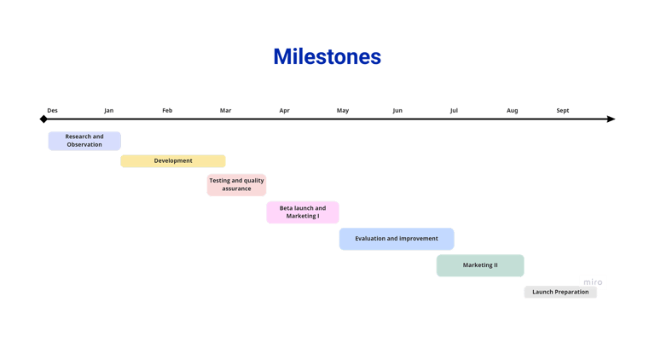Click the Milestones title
[327, 57]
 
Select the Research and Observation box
[84, 141]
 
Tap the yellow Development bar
[173, 160]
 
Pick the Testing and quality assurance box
[236, 185]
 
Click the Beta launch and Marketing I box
[303, 212]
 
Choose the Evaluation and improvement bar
[397, 239]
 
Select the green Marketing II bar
[480, 265]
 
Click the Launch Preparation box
[560, 293]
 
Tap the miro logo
[593, 282]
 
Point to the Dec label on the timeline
[53, 110]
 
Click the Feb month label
[167, 110]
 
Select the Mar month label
[226, 110]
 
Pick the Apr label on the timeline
[284, 110]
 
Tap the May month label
[343, 110]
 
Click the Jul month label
[454, 110]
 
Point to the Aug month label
[512, 110]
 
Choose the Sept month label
[563, 110]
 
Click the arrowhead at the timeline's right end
[611, 119]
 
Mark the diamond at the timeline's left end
[44, 119]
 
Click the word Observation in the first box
[84, 145]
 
